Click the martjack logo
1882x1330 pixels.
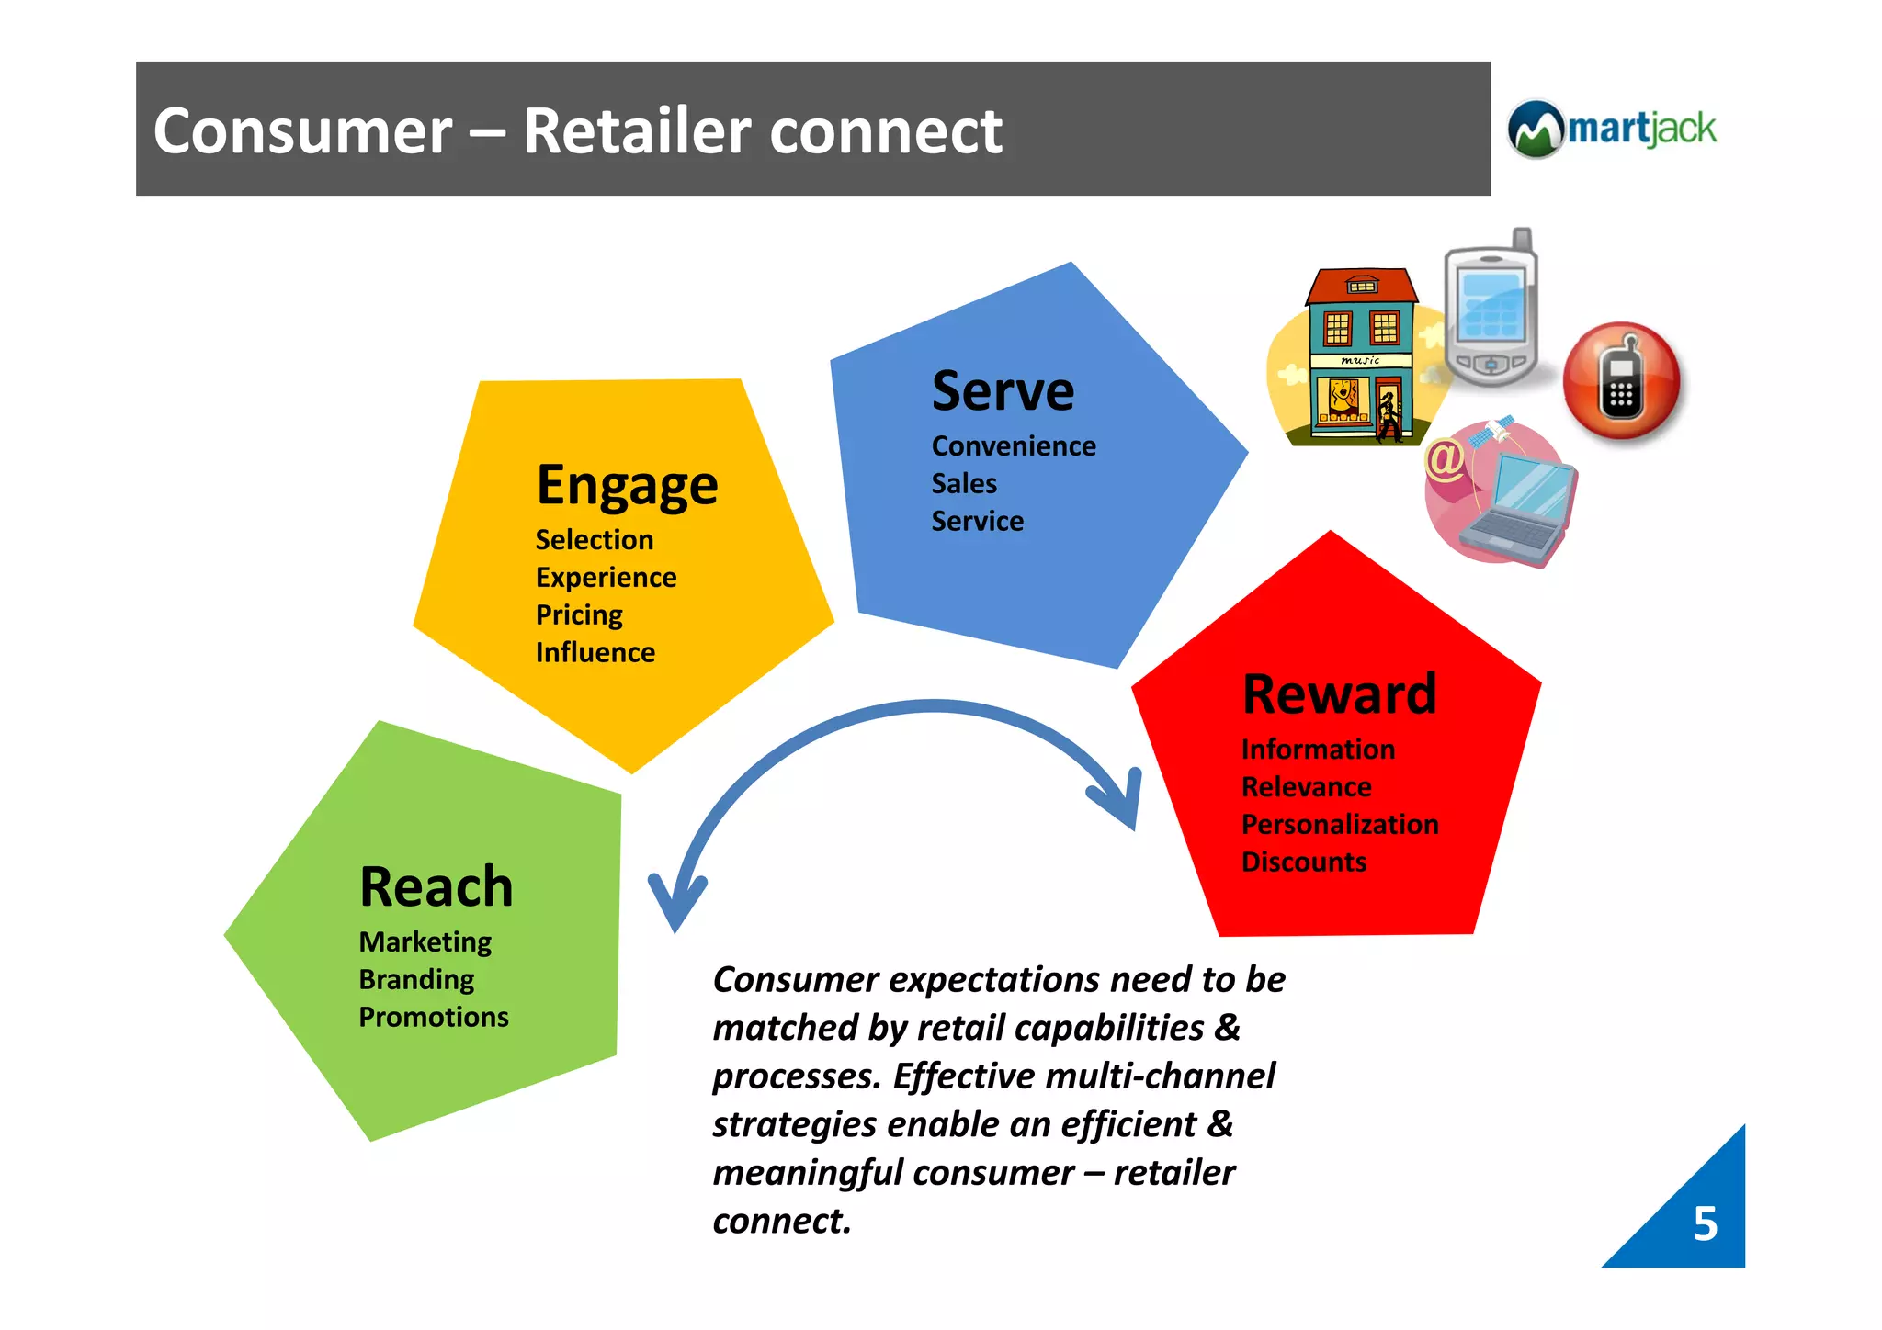[x=1612, y=129]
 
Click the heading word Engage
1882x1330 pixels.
[x=627, y=485]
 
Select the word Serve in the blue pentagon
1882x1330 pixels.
[x=1003, y=391]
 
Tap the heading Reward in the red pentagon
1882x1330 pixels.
[x=1339, y=693]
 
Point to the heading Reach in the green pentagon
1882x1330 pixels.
[x=436, y=886]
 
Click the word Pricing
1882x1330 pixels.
[x=579, y=614]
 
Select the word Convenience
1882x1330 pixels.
[x=1014, y=446]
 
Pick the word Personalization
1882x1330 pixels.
[x=1340, y=824]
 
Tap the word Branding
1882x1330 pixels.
[x=416, y=979]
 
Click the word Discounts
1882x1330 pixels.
[x=1303, y=862]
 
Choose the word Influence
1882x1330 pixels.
[x=595, y=652]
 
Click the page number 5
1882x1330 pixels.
[x=1705, y=1223]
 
